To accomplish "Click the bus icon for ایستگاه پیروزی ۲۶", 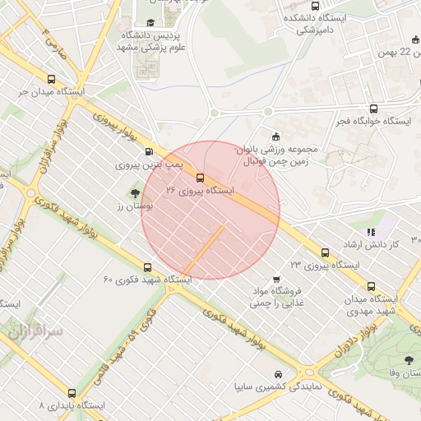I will pos(201,177).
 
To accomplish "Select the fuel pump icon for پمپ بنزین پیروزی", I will pos(149,151).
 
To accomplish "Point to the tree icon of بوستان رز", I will pos(134,193).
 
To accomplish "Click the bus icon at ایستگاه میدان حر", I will pos(51,81).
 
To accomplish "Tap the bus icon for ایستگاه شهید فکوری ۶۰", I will pos(147,267).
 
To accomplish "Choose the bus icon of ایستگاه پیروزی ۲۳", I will pos(325,252).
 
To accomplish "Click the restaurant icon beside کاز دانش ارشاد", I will pos(370,233).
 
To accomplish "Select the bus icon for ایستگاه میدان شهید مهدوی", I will pos(372,286).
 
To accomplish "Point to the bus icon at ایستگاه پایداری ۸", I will pos(72,393).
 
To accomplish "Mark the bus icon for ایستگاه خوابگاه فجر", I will pos(374,108).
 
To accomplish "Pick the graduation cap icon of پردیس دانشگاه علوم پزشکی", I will pos(150,23).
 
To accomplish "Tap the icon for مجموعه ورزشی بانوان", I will pos(275,136).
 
